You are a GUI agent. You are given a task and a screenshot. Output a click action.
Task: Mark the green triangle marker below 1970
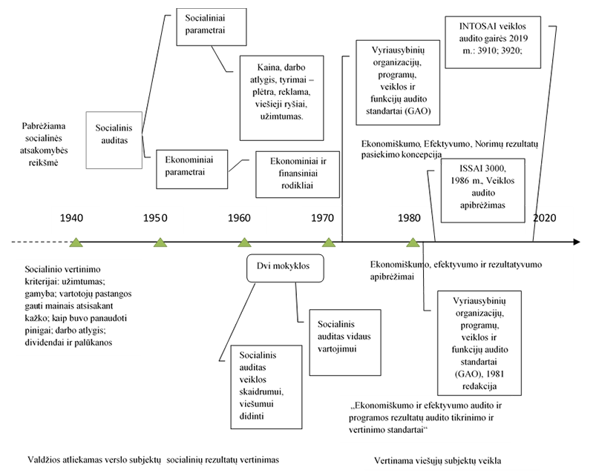point(329,242)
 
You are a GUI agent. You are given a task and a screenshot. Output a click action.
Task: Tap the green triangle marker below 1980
point(413,242)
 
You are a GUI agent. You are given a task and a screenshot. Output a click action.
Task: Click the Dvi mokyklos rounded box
point(285,267)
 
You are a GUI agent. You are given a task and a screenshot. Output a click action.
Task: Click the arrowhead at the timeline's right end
point(575,242)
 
